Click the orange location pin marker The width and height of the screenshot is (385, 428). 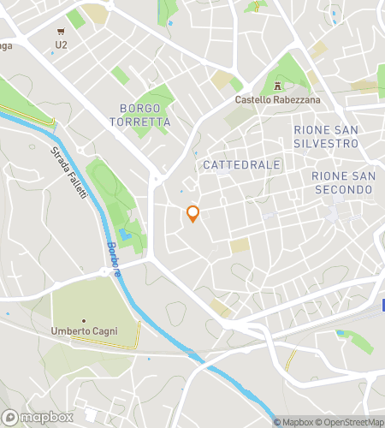192,214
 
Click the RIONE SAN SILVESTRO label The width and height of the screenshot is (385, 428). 326,136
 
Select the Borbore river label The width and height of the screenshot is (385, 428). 114,258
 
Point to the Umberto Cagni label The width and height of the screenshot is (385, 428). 83,330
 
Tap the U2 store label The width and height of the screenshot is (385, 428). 61,45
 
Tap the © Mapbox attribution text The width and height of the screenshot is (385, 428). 293,421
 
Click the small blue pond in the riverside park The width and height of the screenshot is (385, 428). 126,234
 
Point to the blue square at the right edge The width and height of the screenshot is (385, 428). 382,305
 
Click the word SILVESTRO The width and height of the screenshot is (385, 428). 326,143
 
